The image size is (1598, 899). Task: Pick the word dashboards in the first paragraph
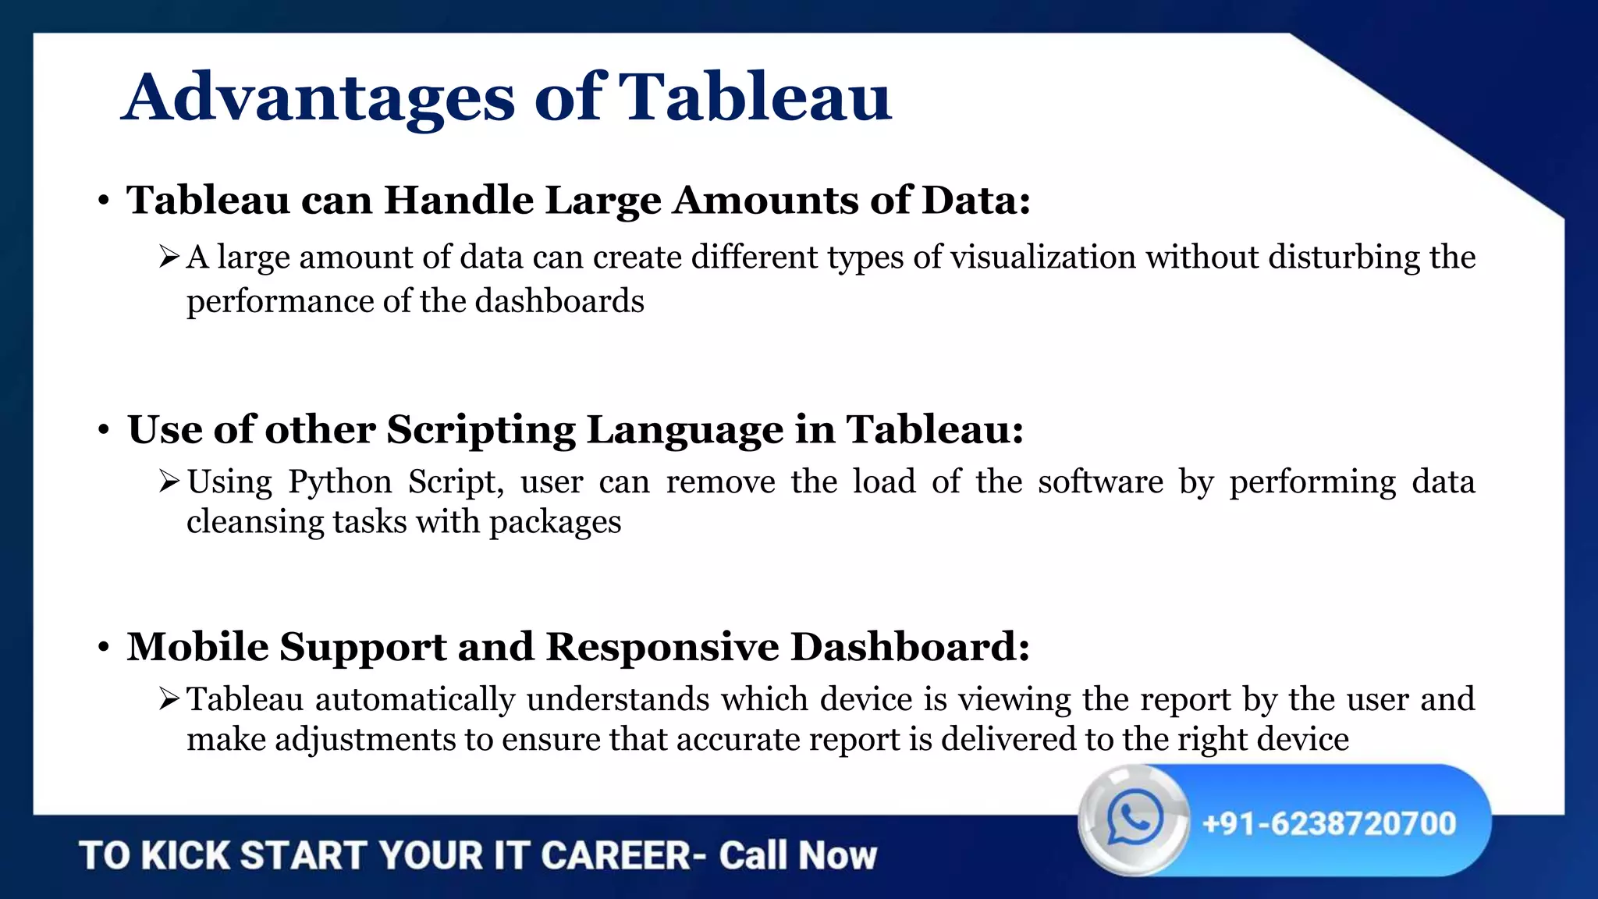pyautogui.click(x=559, y=301)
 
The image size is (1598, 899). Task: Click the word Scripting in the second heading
pyautogui.click(x=481, y=430)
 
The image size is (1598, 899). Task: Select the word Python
pyautogui.click(x=339, y=482)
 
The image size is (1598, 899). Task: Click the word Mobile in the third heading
pyautogui.click(x=198, y=647)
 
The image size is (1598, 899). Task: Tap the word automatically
pyautogui.click(x=415, y=700)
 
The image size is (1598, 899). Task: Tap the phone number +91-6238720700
pyautogui.click(x=1330, y=824)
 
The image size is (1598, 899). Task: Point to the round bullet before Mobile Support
pyautogui.click(x=103, y=648)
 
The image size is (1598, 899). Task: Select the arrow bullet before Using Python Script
pyautogui.click(x=169, y=481)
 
